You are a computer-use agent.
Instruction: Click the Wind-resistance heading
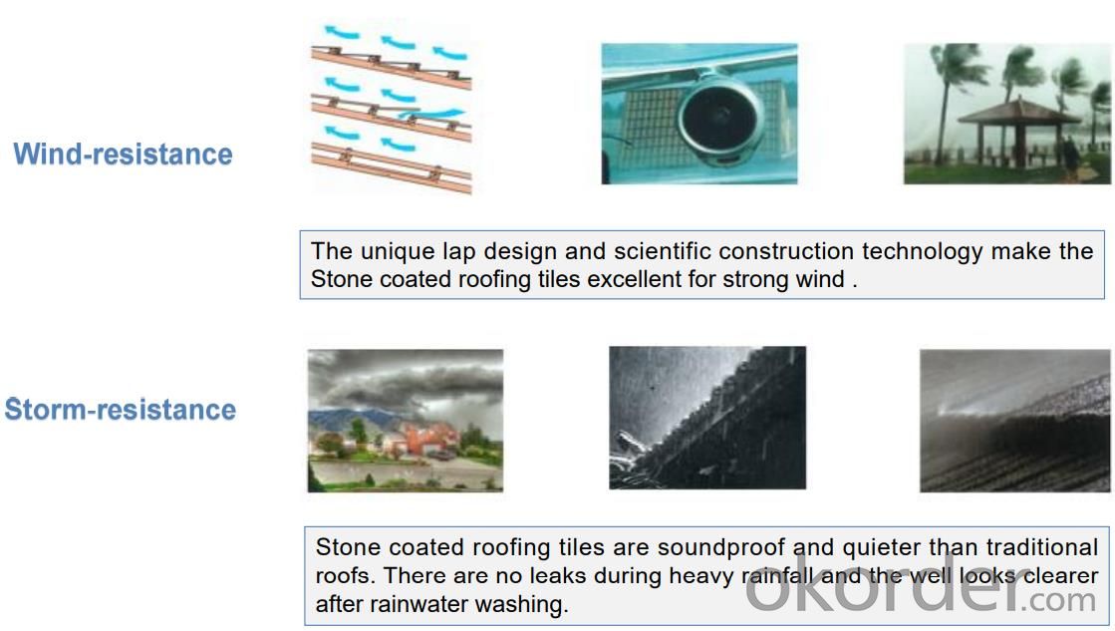pos(123,155)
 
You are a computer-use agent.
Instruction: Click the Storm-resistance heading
pos(121,410)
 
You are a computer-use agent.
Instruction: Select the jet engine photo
pos(699,114)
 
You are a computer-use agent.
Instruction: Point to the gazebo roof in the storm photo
pos(1019,112)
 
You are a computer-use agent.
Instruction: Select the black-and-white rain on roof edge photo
pos(707,418)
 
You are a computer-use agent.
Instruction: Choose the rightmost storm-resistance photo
pos(1014,421)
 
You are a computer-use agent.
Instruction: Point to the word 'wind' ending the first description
pos(820,279)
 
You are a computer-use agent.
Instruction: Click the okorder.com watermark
pos(920,590)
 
